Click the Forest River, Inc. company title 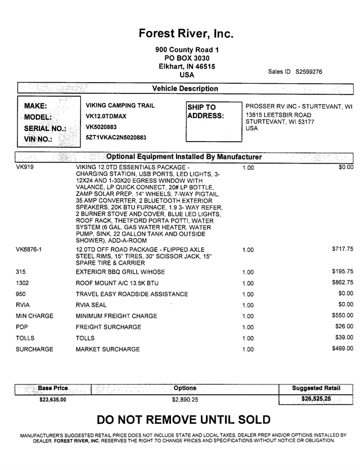pos(186,34)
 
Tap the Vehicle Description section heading pos(185,89)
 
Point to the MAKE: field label pos(35,106)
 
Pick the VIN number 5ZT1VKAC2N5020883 pos(116,137)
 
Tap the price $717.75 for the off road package pos(343,248)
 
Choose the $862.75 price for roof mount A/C pos(343,282)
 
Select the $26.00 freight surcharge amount pos(344,327)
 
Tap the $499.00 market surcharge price pos(343,349)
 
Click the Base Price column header pos(53,388)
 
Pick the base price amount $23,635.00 pos(50,400)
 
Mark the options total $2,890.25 pos(185,400)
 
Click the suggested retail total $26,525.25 pos(316,399)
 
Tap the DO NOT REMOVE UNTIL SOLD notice pos(183,420)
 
